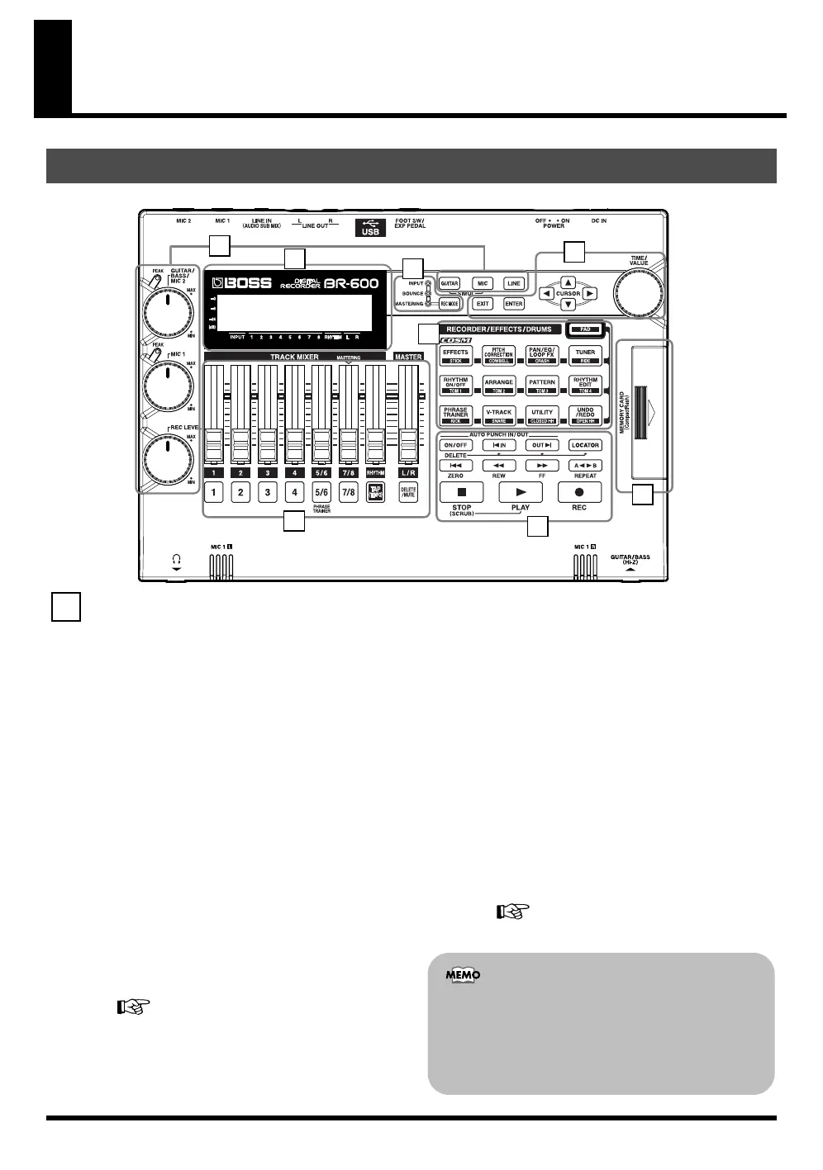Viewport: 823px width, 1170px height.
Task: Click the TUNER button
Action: click(585, 355)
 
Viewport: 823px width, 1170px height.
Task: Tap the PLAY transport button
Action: click(521, 492)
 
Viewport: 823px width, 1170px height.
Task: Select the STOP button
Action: click(461, 492)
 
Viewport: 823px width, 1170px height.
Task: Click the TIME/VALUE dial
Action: click(638, 293)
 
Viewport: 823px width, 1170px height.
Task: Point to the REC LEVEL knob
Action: click(168, 457)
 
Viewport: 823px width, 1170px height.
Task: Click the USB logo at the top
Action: click(370, 227)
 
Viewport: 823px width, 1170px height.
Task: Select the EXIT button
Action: click(483, 304)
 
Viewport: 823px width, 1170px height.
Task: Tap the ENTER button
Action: click(514, 304)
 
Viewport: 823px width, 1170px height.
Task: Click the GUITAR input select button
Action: click(449, 283)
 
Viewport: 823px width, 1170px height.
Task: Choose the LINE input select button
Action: click(514, 283)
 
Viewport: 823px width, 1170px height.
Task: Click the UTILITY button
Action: click(542, 414)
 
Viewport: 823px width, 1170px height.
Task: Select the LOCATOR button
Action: click(585, 445)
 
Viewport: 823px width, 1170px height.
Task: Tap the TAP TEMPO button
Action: click(376, 492)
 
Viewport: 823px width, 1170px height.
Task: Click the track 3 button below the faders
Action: click(268, 492)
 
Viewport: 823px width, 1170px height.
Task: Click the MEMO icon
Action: click(463, 975)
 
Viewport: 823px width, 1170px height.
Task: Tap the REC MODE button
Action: click(449, 304)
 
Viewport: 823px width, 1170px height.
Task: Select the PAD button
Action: click(585, 329)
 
